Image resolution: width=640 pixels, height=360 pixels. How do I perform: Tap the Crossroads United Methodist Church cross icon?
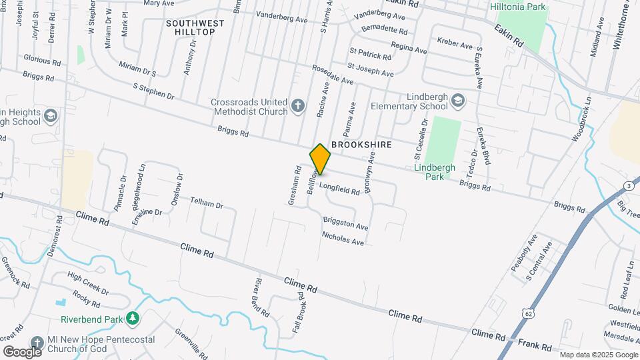click(x=298, y=105)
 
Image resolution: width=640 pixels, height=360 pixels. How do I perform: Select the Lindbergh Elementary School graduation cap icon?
click(x=457, y=101)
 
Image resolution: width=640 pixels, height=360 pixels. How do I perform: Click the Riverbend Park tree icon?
click(x=133, y=318)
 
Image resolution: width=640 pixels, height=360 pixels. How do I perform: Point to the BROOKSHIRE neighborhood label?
click(x=361, y=144)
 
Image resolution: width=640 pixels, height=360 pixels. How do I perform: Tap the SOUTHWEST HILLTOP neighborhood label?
click(x=195, y=27)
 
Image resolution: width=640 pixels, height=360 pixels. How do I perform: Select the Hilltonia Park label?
click(x=517, y=7)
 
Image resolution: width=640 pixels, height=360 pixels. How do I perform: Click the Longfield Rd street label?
click(x=339, y=189)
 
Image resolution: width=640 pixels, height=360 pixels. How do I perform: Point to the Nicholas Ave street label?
click(x=343, y=238)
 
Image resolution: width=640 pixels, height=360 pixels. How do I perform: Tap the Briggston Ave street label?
click(x=345, y=223)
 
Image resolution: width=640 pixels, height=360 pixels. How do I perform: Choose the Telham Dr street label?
click(x=206, y=202)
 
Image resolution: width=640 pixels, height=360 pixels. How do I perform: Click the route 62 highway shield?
click(x=529, y=313)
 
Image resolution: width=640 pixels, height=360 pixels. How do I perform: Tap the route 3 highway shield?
click(x=629, y=185)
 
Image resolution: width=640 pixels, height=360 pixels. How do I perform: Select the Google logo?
click(x=22, y=351)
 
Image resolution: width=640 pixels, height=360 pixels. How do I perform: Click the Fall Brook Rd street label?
click(x=297, y=312)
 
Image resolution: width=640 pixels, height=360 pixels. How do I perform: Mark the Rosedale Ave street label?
click(x=332, y=74)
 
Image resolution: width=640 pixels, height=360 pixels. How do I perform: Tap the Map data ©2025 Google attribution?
click(x=598, y=355)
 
